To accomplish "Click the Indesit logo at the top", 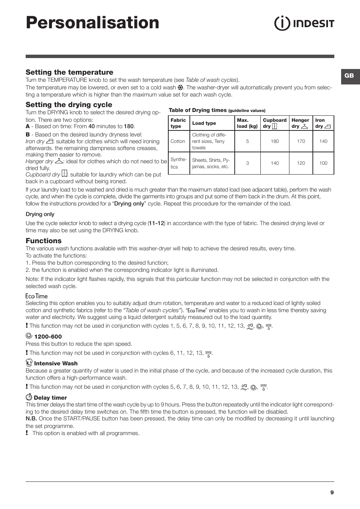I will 304,23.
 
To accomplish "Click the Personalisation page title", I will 92,23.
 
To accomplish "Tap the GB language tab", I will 349,76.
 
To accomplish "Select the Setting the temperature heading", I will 69,72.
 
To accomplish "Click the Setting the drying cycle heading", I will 69,105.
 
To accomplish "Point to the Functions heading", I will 43,241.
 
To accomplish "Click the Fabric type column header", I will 178,123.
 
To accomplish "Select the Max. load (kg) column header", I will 247,123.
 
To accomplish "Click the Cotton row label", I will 178,141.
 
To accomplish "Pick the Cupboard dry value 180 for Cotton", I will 275,141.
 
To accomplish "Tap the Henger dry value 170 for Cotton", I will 301,141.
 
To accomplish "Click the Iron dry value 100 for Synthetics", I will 323,163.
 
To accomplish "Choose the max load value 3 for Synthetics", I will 248,163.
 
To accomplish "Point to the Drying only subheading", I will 40,214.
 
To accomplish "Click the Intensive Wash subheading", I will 56,363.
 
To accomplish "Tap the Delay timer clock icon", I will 29,397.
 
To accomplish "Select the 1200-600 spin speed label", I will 48,337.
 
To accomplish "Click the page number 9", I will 332,492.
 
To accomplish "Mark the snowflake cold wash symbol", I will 180,87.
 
